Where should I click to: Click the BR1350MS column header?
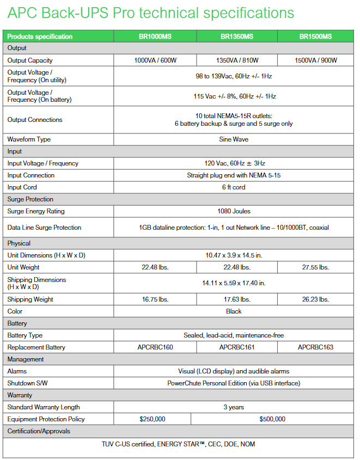(x=237, y=36)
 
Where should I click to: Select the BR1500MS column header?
(x=315, y=36)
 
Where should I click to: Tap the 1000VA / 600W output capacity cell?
(x=155, y=60)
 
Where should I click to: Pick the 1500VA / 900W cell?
(x=315, y=60)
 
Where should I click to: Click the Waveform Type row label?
(x=29, y=139)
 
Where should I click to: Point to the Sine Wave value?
(x=234, y=139)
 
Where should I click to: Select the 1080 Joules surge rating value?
(x=234, y=211)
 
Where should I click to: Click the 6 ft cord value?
(x=234, y=187)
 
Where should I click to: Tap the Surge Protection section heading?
(x=30, y=199)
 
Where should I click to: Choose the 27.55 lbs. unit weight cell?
(x=315, y=267)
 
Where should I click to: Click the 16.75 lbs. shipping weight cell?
(x=155, y=299)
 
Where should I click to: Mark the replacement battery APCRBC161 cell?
(x=237, y=347)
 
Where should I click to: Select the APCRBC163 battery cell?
(x=315, y=347)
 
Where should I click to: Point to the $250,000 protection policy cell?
(x=152, y=419)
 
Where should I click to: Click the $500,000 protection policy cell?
(x=272, y=419)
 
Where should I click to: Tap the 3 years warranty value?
(x=234, y=407)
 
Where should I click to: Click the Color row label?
(x=15, y=311)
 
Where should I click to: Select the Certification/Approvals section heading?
(x=39, y=431)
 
